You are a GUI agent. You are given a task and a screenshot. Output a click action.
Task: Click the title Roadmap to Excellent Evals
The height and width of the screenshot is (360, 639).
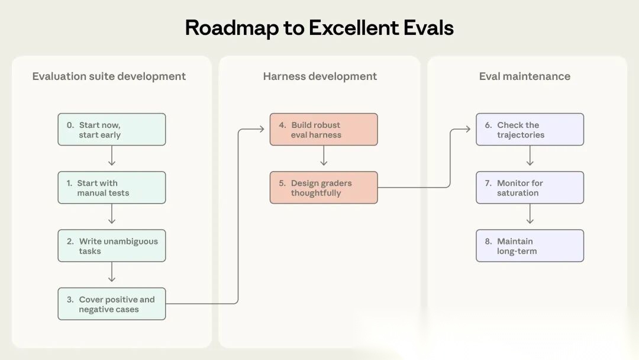click(x=319, y=28)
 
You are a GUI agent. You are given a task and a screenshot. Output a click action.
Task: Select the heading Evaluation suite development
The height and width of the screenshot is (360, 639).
click(x=109, y=76)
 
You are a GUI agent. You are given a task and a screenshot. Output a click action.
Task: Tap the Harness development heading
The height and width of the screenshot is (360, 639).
click(x=319, y=76)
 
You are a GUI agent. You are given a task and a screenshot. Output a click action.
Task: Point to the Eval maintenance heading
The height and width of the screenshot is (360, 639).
click(x=524, y=76)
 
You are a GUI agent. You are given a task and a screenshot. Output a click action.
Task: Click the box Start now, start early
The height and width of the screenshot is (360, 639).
click(x=111, y=130)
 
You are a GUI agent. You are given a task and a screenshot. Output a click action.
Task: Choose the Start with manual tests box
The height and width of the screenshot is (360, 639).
click(x=111, y=188)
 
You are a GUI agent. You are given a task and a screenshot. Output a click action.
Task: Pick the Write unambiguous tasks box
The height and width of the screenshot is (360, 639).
click(x=111, y=246)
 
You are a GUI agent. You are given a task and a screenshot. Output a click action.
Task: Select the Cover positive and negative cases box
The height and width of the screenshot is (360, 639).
click(x=111, y=304)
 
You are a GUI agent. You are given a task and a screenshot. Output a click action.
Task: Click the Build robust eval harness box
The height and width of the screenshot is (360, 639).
click(x=323, y=130)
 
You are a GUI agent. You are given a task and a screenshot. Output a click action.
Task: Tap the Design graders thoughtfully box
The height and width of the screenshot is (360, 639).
click(x=323, y=188)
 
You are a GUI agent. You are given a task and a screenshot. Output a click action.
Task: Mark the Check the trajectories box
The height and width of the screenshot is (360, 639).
click(x=530, y=130)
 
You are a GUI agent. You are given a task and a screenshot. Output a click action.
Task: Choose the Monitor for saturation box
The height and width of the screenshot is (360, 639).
click(x=530, y=188)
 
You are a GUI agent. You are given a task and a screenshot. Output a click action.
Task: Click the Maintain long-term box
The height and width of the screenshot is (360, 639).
click(x=530, y=246)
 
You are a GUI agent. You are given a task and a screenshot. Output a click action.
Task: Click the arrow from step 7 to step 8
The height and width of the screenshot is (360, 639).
click(x=530, y=216)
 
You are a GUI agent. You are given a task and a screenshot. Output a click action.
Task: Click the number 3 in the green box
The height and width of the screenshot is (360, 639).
click(x=70, y=300)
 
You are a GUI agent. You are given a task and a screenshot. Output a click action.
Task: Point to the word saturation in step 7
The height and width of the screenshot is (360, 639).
click(x=518, y=193)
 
